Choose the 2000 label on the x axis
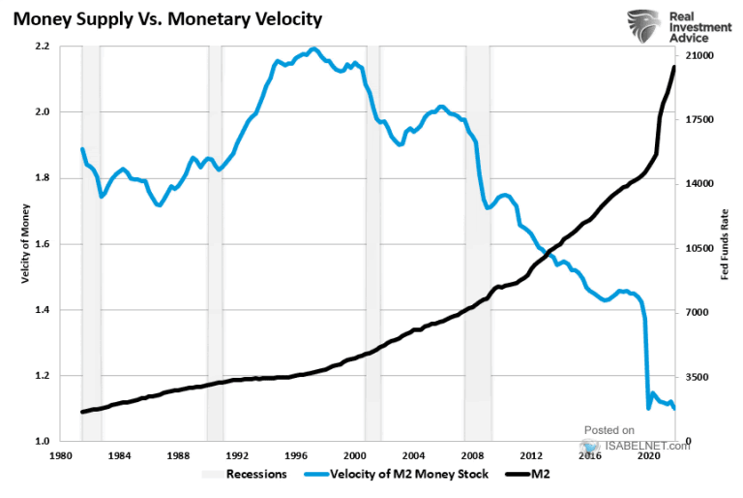pyautogui.click(x=355, y=454)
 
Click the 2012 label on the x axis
pyautogui.click(x=531, y=454)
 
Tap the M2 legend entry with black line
pyautogui.click(x=542, y=475)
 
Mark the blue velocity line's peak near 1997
pyautogui.click(x=314, y=49)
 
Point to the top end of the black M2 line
pyautogui.click(x=673, y=66)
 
